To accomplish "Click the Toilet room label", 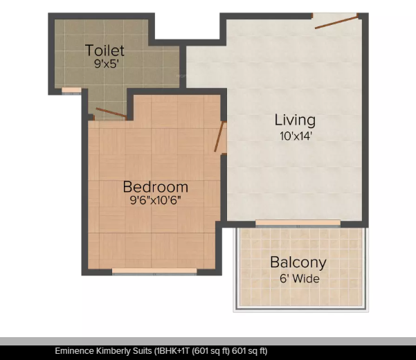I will click(x=105, y=51).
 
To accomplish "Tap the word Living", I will click(x=295, y=120).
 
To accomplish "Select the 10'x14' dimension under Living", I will click(x=296, y=136).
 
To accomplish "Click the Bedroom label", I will click(x=156, y=187).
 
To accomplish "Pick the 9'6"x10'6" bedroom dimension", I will click(x=156, y=201).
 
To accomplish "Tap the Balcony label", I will click(x=298, y=263).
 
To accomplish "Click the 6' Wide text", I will click(x=298, y=279).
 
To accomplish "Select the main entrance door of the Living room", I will click(x=336, y=20).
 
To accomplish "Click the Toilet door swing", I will click(x=111, y=113).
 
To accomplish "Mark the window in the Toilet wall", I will click(x=71, y=90).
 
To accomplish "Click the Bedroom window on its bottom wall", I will click(x=153, y=271).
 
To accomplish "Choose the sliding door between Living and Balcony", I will click(x=298, y=223).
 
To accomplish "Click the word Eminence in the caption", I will click(x=75, y=351).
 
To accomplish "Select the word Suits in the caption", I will click(x=142, y=351).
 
